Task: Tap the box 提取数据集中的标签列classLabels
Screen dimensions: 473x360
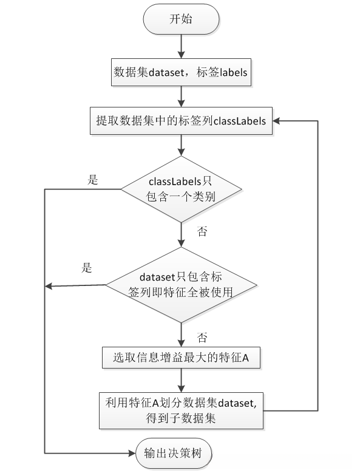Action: pos(182,120)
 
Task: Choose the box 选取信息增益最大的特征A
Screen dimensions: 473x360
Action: pos(182,358)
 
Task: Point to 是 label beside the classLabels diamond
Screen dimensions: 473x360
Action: pos(93,180)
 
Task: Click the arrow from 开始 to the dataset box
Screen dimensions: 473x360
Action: pos(182,46)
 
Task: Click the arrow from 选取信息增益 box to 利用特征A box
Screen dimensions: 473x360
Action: pos(182,380)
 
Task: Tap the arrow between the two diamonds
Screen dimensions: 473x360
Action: pos(182,234)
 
